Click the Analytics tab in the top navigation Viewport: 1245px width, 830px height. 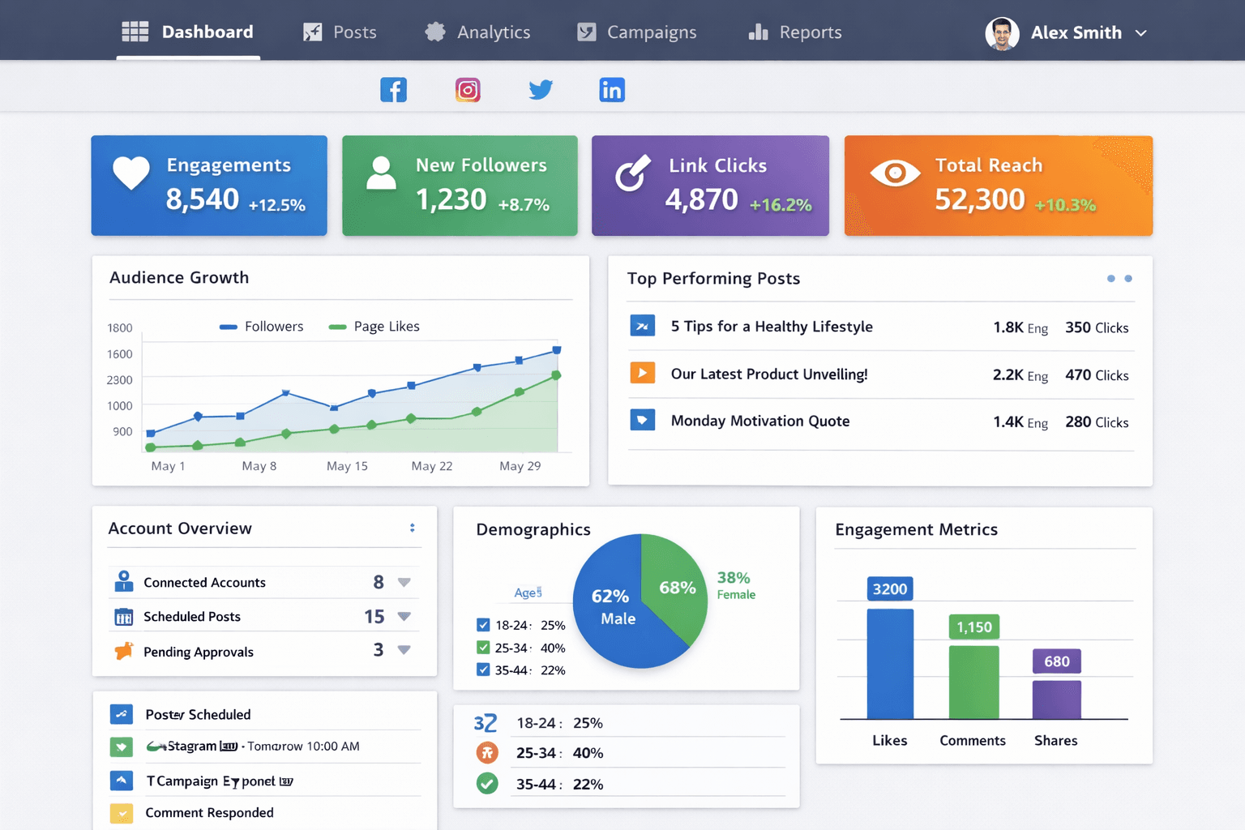tap(478, 32)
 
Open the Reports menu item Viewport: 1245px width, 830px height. tap(795, 32)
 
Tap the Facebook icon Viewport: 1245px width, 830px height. tap(393, 90)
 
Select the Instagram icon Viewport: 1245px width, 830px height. tap(468, 90)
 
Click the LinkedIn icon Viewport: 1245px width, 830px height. tap(612, 90)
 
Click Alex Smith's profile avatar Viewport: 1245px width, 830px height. tap(1002, 33)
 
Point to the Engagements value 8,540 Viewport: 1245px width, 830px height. tap(203, 199)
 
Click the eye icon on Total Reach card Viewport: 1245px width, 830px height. tap(895, 173)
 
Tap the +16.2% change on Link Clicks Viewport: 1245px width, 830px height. tap(781, 205)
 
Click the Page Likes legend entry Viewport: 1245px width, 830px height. tap(374, 327)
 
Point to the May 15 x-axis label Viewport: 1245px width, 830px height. tap(347, 466)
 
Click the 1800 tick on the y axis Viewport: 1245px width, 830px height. tap(120, 328)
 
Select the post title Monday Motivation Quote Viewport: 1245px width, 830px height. tap(760, 421)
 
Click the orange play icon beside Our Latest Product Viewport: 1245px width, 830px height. tap(642, 373)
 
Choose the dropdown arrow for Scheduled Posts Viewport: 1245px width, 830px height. tap(404, 617)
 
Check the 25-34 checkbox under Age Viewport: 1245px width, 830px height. tap(483, 648)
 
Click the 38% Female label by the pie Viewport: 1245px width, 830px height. tap(735, 584)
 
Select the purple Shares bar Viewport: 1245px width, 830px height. tap(1056, 699)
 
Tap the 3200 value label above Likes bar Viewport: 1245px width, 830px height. tap(890, 589)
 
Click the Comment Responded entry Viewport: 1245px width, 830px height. tap(209, 813)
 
